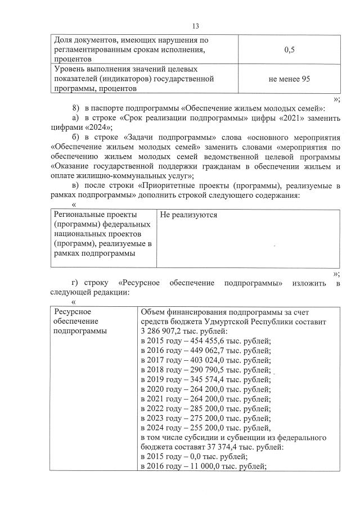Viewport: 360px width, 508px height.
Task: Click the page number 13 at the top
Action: pyautogui.click(x=196, y=26)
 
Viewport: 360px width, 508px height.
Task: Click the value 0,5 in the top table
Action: pyautogui.click(x=290, y=49)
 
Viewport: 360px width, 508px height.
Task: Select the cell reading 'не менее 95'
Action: pyautogui.click(x=290, y=79)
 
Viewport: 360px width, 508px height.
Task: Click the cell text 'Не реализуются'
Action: pyautogui.click(x=188, y=215)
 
